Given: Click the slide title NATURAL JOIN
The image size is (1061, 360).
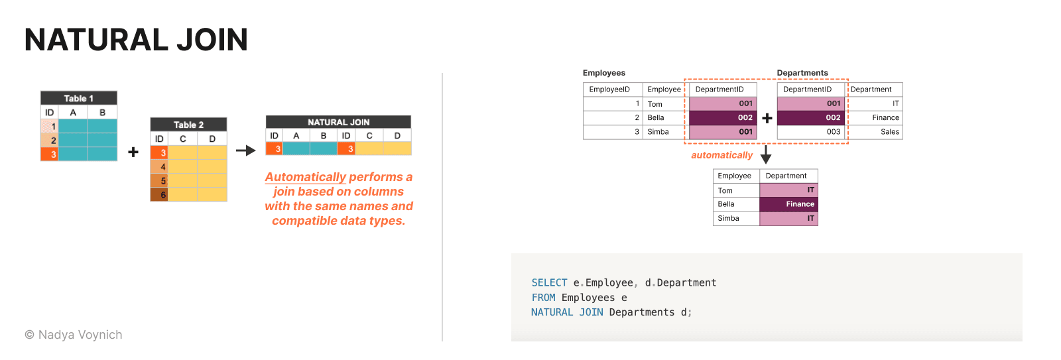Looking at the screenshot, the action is coord(137,40).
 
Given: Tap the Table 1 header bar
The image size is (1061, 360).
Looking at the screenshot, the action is coord(79,98).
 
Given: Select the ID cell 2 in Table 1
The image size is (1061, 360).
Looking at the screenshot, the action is coord(49,140).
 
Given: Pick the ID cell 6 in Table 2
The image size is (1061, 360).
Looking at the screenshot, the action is coord(159,195).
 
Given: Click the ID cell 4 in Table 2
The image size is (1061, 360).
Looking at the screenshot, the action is coord(159,166).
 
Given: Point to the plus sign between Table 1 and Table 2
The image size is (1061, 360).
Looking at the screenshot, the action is coord(133,152).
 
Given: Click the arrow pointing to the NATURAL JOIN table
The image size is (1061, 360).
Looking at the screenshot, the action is coord(246,150).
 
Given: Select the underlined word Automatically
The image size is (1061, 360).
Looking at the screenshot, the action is coord(306,177).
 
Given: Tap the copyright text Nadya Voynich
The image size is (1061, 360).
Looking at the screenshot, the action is coord(74,335).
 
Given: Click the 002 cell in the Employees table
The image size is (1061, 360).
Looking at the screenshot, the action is coord(723,118).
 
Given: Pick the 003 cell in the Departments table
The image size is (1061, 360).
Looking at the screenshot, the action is coord(811,132).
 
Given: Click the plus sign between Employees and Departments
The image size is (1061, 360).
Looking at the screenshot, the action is coord(767,118).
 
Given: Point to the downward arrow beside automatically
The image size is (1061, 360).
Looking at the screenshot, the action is coord(766,155).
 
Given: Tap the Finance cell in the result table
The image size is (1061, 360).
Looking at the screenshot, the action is coord(788,204).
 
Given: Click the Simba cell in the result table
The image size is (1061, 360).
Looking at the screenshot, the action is coord(736,218).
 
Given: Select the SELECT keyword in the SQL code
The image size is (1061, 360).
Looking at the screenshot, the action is coord(549,283).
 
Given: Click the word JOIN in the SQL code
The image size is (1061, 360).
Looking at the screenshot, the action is coord(591,312).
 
